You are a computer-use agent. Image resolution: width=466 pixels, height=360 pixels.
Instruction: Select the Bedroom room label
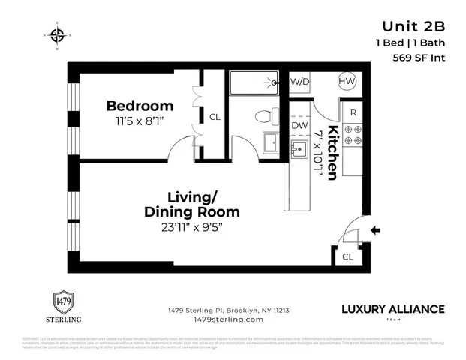140,106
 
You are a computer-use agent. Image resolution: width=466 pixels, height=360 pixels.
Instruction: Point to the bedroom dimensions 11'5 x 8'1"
140,119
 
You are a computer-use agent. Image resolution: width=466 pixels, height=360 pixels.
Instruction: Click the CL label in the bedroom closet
215,117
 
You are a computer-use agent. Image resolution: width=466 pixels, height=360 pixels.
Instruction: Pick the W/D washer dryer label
299,81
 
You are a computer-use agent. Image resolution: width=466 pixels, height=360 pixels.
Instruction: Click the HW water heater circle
347,82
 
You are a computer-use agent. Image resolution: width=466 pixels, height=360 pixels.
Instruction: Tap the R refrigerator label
353,112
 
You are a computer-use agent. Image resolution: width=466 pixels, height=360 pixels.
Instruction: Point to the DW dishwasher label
299,126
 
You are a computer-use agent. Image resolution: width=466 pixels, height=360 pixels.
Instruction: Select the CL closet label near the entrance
347,256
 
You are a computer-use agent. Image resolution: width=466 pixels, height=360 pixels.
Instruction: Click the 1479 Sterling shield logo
68,303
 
